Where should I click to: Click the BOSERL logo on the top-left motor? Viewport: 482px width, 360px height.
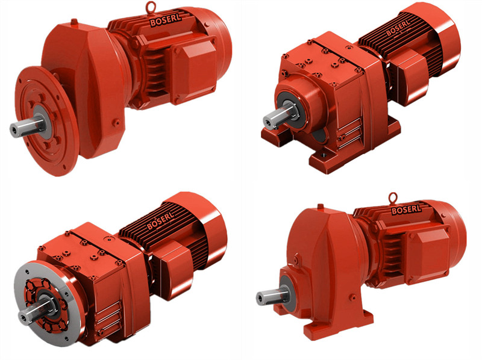165,19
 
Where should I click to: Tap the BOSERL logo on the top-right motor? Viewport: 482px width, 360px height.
398,28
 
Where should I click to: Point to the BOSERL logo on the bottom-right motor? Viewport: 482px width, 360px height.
406,209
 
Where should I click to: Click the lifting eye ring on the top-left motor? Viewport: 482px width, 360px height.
149,6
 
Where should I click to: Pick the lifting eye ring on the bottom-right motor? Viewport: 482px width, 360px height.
393,198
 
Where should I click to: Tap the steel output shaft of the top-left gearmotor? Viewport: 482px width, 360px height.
27,126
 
